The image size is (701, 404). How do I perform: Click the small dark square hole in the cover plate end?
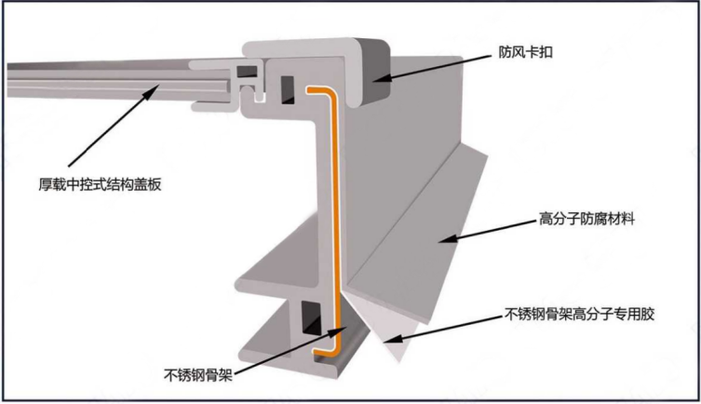(x=246, y=70)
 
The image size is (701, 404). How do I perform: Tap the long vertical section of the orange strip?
(x=331, y=214)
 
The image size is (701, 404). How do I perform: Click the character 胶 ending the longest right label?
(x=650, y=314)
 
